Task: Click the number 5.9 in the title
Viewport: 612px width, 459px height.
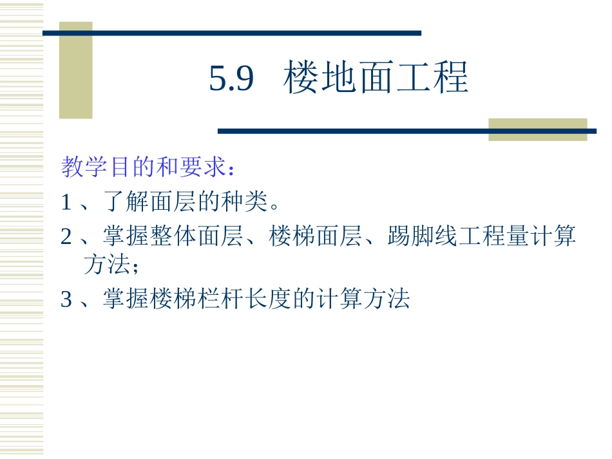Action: (x=232, y=79)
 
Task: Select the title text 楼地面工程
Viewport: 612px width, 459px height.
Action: (x=376, y=79)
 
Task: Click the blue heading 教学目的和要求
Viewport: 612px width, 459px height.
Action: (x=144, y=168)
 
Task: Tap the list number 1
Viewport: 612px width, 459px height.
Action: (x=66, y=203)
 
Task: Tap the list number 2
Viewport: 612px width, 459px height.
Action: (x=66, y=238)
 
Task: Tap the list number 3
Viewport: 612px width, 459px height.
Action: (x=66, y=299)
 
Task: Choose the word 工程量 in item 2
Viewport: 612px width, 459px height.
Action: (x=498, y=238)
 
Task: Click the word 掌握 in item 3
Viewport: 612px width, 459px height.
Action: (x=124, y=299)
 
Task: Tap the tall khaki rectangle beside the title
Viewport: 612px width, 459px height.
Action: (x=75, y=71)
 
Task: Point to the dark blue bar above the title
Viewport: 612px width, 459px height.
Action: (x=232, y=32)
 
